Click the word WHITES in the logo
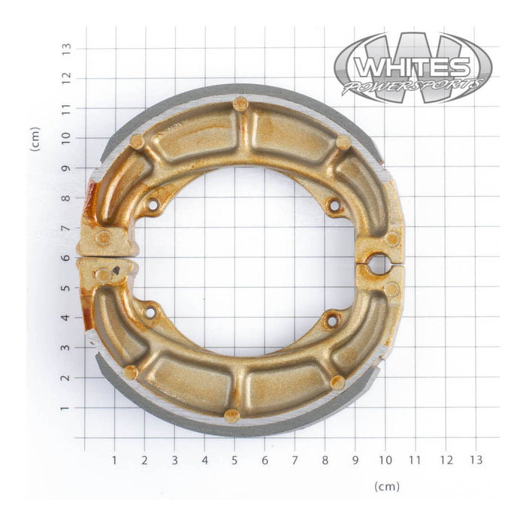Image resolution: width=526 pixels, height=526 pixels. click(x=412, y=67)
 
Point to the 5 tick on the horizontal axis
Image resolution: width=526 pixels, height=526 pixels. click(x=234, y=459)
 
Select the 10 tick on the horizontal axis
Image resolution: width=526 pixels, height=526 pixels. click(x=385, y=459)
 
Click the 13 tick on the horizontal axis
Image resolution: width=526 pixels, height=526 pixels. click(x=476, y=459)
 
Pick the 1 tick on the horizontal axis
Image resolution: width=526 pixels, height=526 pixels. click(x=114, y=459)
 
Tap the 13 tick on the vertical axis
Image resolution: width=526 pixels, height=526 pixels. click(x=67, y=47)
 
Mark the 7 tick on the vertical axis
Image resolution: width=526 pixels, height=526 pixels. click(x=67, y=227)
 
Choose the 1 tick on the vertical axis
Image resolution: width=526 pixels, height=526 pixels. click(x=67, y=407)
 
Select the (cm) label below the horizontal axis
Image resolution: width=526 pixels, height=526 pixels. click(x=387, y=487)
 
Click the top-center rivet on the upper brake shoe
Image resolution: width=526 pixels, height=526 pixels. click(x=240, y=104)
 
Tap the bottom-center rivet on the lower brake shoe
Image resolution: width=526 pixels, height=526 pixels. click(x=232, y=415)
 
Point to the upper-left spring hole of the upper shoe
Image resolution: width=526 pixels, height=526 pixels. click(x=152, y=204)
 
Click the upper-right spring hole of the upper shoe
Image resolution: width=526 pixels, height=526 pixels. click(x=334, y=204)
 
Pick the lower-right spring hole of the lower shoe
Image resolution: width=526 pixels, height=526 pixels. click(x=331, y=321)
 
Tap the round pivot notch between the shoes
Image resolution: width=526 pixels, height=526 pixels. click(x=377, y=264)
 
